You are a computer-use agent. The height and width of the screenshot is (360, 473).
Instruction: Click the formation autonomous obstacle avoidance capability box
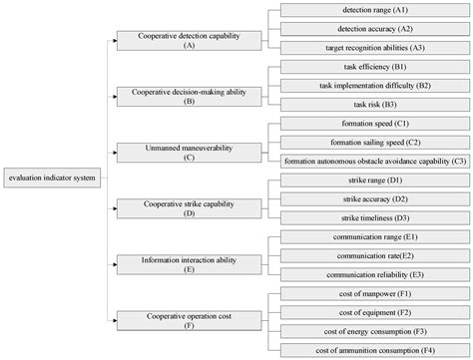[x=374, y=161]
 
